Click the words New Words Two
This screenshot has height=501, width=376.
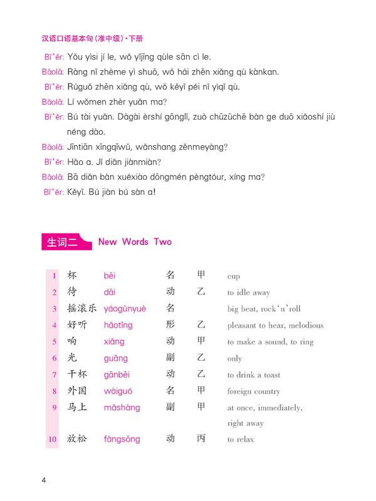point(135,242)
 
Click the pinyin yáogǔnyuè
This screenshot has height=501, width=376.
point(125,309)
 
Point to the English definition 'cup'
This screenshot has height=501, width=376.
point(234,276)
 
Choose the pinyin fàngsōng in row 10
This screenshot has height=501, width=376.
point(122,439)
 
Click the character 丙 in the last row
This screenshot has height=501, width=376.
point(201,438)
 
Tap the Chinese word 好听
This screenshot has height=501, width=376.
point(78,325)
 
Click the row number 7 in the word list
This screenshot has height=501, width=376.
point(54,374)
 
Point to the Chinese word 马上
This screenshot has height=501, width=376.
point(78,407)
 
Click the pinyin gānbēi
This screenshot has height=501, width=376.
point(118,374)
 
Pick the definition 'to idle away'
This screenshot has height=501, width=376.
point(249,292)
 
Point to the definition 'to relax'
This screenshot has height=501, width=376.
point(241,440)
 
